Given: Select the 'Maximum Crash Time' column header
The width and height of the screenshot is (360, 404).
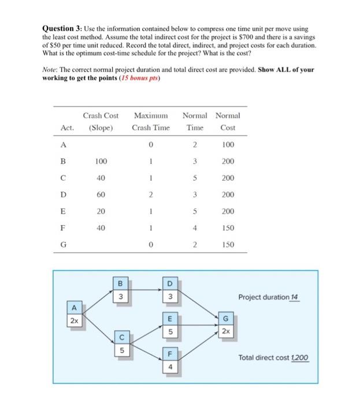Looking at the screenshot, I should coord(150,122).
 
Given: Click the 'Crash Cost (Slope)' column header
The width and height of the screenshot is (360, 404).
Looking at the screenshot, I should coord(101,122).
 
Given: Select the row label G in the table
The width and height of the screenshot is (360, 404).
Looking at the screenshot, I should coord(64,245).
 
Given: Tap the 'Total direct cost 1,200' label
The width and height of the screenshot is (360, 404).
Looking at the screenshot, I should coord(273,358).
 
